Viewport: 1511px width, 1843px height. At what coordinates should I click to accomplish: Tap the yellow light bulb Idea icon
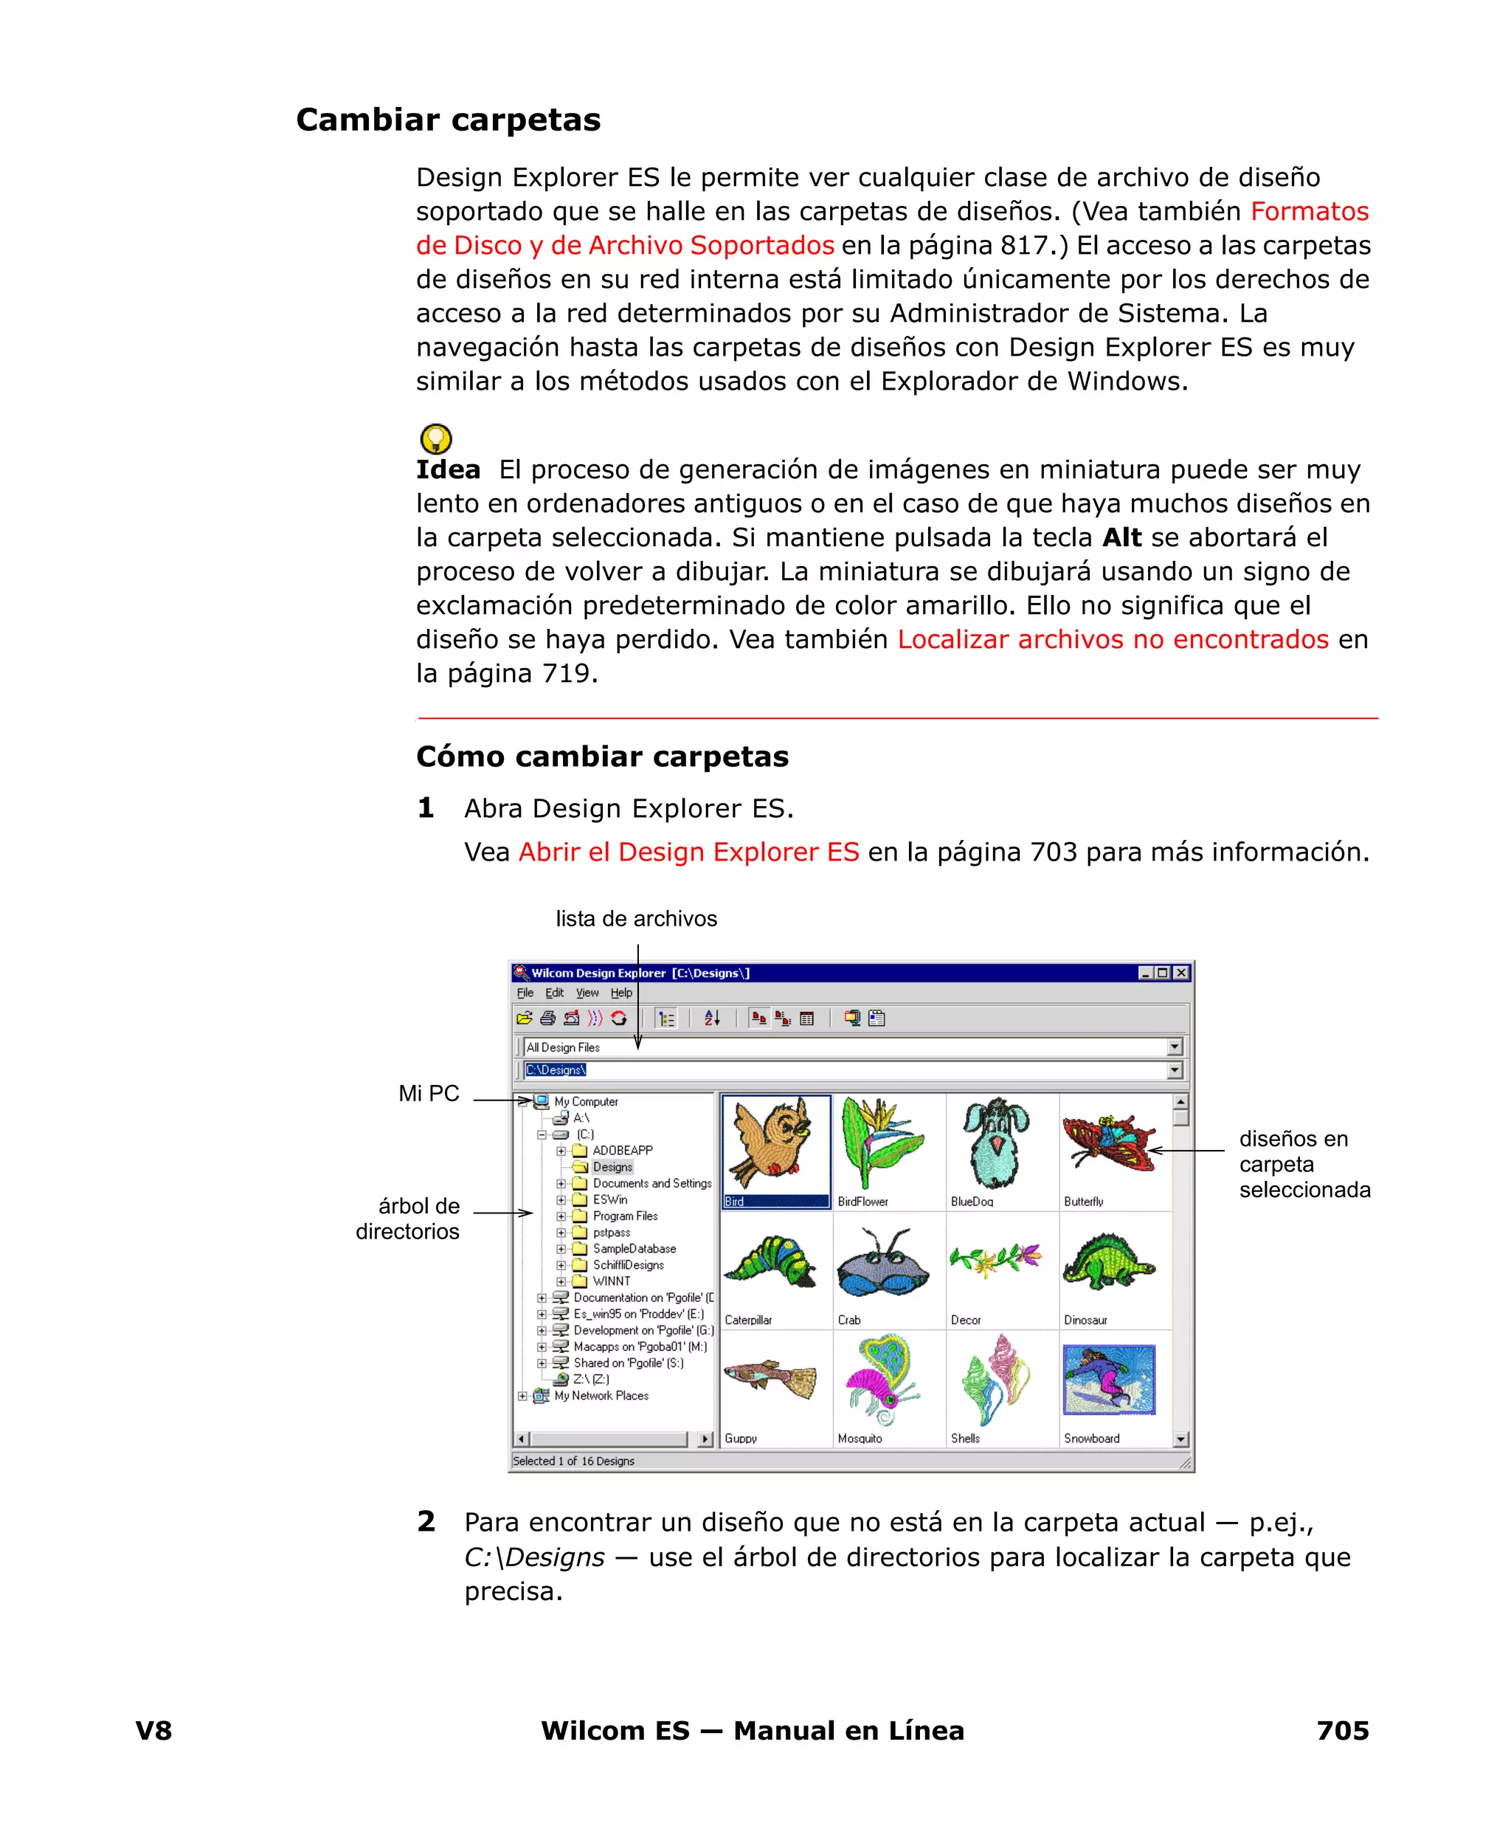(435, 438)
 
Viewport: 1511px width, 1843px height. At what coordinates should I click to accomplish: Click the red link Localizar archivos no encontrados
(1113, 639)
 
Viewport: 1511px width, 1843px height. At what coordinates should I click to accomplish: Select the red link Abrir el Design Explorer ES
(688, 852)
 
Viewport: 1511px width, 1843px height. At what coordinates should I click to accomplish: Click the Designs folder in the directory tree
(612, 1167)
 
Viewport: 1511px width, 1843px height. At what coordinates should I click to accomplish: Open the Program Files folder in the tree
(624, 1216)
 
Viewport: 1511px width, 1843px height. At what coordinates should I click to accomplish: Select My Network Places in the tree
(601, 1396)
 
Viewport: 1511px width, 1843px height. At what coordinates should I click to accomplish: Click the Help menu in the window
(620, 993)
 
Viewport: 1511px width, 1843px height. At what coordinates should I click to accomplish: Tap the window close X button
(1181, 973)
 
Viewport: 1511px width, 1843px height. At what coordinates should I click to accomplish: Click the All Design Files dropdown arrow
(1174, 1047)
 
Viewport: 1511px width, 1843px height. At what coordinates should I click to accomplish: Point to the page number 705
(1342, 1730)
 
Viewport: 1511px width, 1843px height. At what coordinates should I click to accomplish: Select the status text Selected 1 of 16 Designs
(573, 1461)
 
